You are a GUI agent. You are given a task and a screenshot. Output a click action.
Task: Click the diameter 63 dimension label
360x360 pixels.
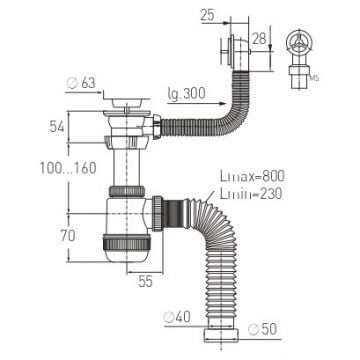[x=81, y=83]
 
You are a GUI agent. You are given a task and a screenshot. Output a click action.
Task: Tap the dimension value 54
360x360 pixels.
[x=57, y=126]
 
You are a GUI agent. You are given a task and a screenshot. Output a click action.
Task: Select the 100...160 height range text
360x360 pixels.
[x=68, y=168]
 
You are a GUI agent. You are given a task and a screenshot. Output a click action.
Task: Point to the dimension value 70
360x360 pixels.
[x=68, y=236]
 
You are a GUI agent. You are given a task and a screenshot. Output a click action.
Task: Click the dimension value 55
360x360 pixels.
[x=146, y=282]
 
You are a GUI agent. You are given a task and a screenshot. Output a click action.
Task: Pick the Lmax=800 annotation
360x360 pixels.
[x=252, y=176]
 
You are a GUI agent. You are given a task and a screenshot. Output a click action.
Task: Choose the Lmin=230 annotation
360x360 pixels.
[x=251, y=193]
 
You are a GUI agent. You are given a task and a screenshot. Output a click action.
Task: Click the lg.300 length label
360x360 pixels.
[x=186, y=94]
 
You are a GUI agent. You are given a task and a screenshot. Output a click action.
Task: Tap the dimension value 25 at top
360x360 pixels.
[x=207, y=15]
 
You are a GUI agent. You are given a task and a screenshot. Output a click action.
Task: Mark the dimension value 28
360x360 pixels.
[x=259, y=39]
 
